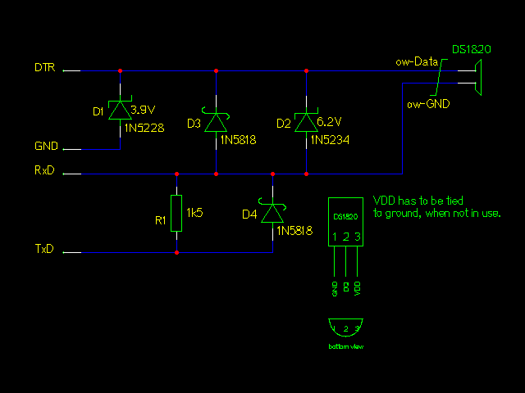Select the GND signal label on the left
[x=45, y=147]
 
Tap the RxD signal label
[x=45, y=172]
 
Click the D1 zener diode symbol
[x=121, y=111]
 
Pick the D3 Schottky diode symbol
[x=216, y=122]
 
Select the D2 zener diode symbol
[x=306, y=122]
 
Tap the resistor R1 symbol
[x=176, y=213]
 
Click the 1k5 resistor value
[x=194, y=213]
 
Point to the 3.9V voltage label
[x=144, y=108]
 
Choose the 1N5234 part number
[x=330, y=140]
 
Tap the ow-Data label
[x=415, y=61]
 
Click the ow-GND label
[x=427, y=104]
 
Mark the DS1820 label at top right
[x=472, y=49]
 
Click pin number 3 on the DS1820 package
[x=358, y=237]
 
